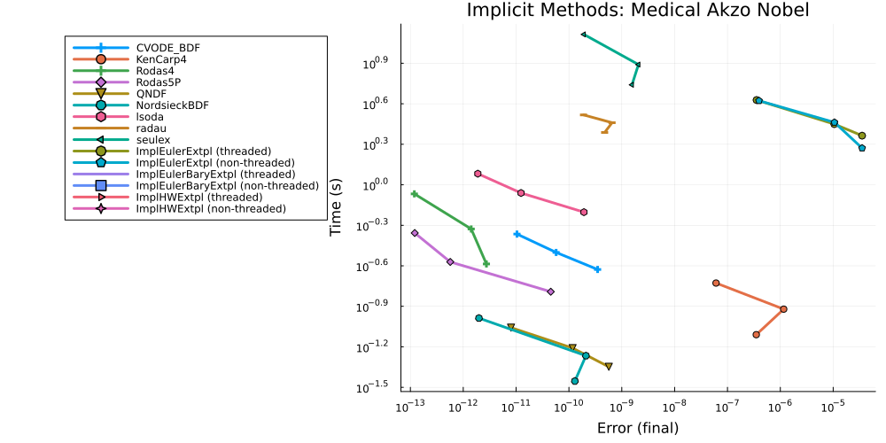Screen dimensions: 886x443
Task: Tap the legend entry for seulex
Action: tap(151, 140)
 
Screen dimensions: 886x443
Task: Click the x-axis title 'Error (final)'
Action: tap(637, 428)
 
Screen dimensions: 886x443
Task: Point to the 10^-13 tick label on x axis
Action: tap(410, 407)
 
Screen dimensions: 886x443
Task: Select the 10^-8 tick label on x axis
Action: tap(674, 407)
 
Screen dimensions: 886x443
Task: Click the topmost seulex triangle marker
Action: tap(583, 35)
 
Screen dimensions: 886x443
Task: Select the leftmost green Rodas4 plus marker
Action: tap(414, 194)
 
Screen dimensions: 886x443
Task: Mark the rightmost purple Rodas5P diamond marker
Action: tap(551, 291)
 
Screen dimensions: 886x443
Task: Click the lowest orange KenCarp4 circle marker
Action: tap(756, 335)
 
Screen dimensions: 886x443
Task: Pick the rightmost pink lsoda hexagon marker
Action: tap(584, 212)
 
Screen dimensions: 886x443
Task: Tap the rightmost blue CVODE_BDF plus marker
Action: tap(598, 269)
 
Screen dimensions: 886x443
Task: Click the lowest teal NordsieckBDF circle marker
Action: tap(575, 381)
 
